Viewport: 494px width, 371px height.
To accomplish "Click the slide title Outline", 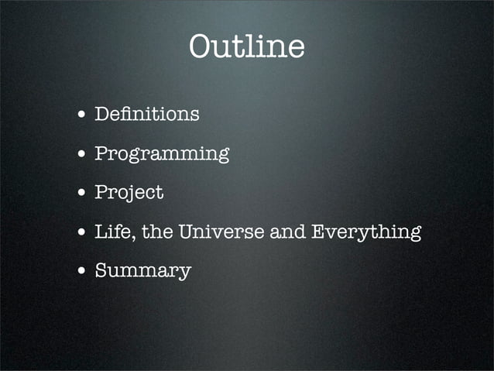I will pos(246,47).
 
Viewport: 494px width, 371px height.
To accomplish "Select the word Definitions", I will pos(146,115).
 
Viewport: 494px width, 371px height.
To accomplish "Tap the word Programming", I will pos(161,154).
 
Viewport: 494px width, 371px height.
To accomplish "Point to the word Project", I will pos(129,193).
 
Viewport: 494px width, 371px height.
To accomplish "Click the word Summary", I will pos(142,271).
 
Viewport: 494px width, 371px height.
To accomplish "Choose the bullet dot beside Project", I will pos(81,194).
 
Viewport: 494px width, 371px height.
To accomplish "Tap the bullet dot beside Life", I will pos(81,232).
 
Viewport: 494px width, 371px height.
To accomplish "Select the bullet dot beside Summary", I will pos(81,272).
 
